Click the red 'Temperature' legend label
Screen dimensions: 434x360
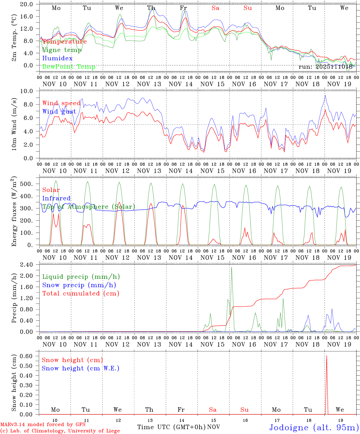click(x=65, y=42)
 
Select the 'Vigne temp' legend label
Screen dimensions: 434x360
click(x=62, y=50)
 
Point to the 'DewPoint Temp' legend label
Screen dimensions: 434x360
click(x=69, y=67)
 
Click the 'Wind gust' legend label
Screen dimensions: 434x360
click(x=59, y=112)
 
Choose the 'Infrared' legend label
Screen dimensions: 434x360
click(x=56, y=198)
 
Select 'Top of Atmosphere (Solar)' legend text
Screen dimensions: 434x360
click(x=89, y=207)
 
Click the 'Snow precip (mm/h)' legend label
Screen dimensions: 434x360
click(x=79, y=285)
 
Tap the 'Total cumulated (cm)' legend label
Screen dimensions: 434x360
click(x=81, y=293)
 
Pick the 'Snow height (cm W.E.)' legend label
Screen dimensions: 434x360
click(x=81, y=368)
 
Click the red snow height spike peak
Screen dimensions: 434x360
click(x=327, y=356)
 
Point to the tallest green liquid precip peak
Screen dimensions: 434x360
click(x=232, y=267)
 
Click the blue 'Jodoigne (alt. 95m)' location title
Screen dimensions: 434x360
click(x=314, y=427)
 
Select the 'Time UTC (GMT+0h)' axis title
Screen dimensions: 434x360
click(x=171, y=427)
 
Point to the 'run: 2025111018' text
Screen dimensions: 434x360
click(x=325, y=67)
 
